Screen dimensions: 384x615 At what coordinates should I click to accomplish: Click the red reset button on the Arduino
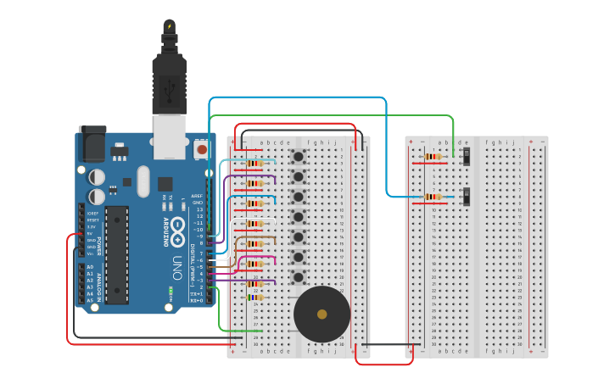click(x=201, y=150)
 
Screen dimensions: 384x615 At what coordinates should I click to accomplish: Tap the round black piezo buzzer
click(x=321, y=314)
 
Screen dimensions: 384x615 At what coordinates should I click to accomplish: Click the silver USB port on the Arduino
click(x=169, y=136)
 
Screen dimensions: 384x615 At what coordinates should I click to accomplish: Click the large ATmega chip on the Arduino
click(x=116, y=253)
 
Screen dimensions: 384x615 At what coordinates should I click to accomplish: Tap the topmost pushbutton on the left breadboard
click(x=299, y=157)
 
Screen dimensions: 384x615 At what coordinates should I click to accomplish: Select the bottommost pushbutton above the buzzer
click(x=299, y=276)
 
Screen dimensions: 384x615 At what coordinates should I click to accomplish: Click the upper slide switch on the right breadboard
click(x=467, y=156)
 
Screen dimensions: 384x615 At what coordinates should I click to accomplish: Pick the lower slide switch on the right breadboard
click(x=467, y=197)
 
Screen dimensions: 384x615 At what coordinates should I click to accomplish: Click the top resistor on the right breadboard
click(x=433, y=157)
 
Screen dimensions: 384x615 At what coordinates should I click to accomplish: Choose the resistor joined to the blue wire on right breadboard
click(x=433, y=198)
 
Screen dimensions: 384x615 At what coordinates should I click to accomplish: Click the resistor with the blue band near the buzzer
click(x=255, y=297)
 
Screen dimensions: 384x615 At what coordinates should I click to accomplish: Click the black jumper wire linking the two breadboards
click(x=386, y=344)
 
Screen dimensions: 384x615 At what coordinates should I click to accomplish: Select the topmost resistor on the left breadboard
click(x=254, y=164)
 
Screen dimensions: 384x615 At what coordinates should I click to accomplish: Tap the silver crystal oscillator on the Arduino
click(x=142, y=180)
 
